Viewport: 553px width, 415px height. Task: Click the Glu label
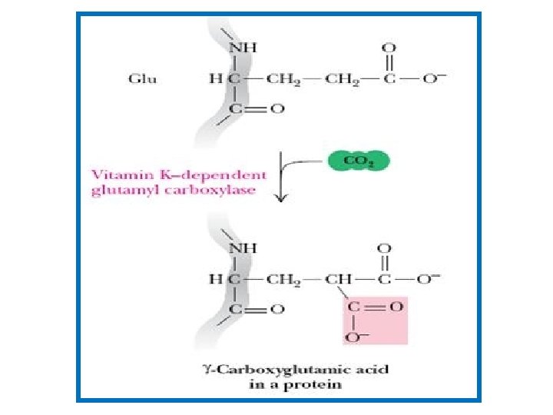[x=142, y=79]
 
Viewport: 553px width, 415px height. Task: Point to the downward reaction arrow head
[x=280, y=200]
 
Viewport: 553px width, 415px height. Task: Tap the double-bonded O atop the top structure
[x=390, y=47]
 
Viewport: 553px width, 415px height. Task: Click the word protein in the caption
[x=316, y=384]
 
